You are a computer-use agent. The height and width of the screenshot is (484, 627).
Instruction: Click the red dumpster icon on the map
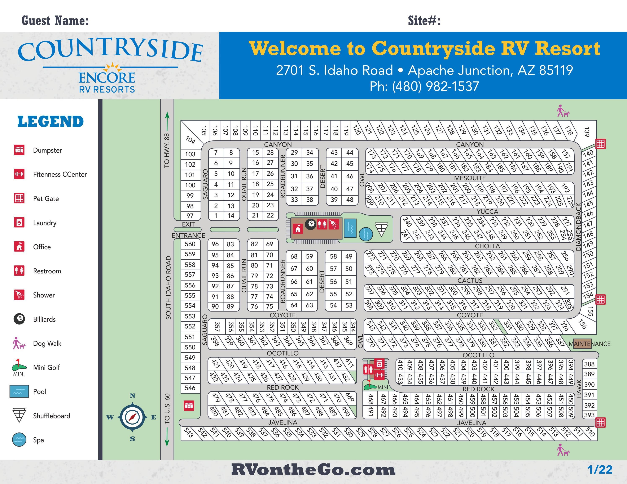click(x=189, y=405)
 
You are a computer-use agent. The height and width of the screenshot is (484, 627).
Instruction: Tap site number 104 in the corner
click(x=190, y=140)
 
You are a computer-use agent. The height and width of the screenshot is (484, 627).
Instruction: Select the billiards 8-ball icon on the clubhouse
click(x=310, y=224)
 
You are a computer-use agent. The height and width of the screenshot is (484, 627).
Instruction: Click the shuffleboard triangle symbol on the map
click(x=381, y=230)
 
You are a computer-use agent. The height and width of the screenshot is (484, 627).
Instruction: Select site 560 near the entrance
click(x=190, y=244)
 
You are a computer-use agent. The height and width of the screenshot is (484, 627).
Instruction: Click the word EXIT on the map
click(x=188, y=224)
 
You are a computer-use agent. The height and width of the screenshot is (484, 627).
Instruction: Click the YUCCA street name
click(x=487, y=212)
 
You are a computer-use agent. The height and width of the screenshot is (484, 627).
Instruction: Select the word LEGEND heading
click(x=51, y=122)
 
